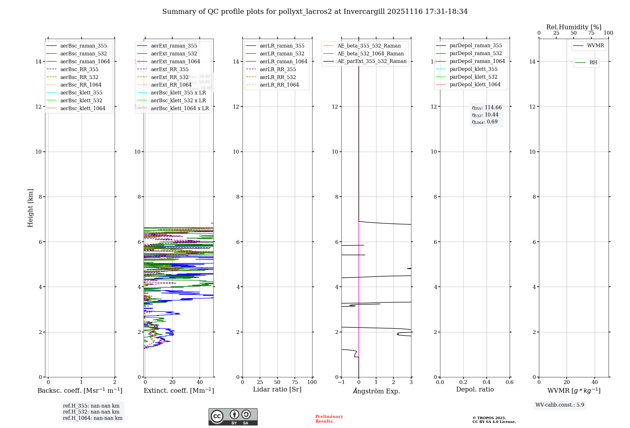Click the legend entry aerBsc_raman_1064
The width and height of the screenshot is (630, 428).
point(85,61)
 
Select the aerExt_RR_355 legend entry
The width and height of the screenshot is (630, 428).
point(170,69)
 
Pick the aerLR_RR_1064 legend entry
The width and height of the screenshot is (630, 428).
point(279,85)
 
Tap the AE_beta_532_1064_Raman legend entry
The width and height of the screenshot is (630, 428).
point(370,53)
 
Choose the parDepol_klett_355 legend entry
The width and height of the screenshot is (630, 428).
point(473,69)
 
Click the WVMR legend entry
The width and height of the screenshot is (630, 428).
point(595,46)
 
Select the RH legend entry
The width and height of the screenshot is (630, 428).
point(593,63)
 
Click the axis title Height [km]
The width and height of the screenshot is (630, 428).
point(30,208)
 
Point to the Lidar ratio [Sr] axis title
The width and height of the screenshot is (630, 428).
point(277,389)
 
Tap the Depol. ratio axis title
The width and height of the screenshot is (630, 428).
point(475,389)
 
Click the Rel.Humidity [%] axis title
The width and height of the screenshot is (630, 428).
point(574,27)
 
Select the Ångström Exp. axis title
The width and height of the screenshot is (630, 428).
point(376,391)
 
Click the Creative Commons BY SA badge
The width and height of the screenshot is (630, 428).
point(233,417)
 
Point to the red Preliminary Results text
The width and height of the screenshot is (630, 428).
point(329,419)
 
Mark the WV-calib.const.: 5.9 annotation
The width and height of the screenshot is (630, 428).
point(560,405)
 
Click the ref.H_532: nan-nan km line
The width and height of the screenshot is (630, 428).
point(91,412)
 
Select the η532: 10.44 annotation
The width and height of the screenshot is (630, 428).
point(485,115)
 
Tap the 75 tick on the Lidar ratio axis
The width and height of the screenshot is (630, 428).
point(295,382)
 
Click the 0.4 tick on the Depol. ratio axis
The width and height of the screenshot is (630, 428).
point(486,382)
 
